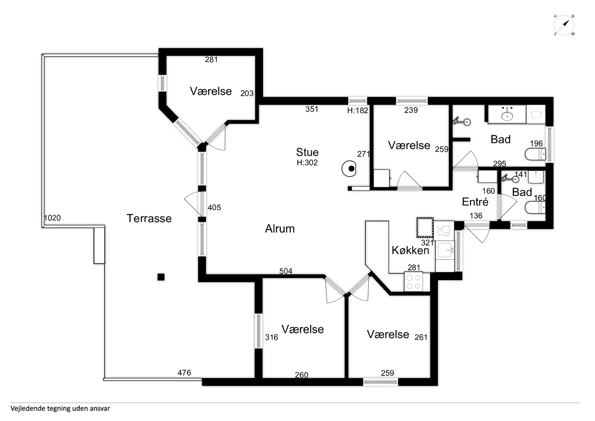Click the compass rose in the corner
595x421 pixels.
[564, 25]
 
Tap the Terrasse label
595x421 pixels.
[149, 218]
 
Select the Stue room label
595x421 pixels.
[307, 152]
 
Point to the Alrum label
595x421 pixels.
[280, 229]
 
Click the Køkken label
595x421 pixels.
[410, 250]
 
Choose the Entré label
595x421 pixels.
[475, 202]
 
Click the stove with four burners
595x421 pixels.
[413, 282]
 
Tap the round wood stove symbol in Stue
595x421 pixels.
[349, 169]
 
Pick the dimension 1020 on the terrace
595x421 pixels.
[52, 218]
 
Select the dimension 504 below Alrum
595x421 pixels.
[286, 271]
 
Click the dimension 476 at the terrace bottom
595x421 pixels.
[184, 373]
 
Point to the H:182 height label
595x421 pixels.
[358, 110]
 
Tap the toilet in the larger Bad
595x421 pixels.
[535, 154]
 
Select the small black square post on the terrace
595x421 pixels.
[161, 277]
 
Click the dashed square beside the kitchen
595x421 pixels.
[425, 227]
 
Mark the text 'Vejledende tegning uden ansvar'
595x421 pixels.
[60, 409]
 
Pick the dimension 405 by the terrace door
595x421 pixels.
[214, 208]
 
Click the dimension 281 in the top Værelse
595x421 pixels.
[211, 60]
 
